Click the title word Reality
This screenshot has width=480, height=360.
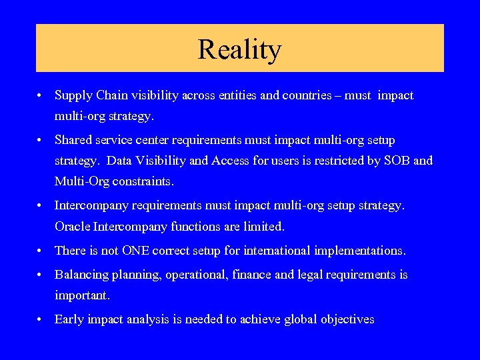coord(239,49)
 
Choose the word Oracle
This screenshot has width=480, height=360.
coord(71,227)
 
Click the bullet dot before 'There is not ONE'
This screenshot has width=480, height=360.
coord(41,251)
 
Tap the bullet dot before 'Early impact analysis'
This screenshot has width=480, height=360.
coord(41,320)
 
